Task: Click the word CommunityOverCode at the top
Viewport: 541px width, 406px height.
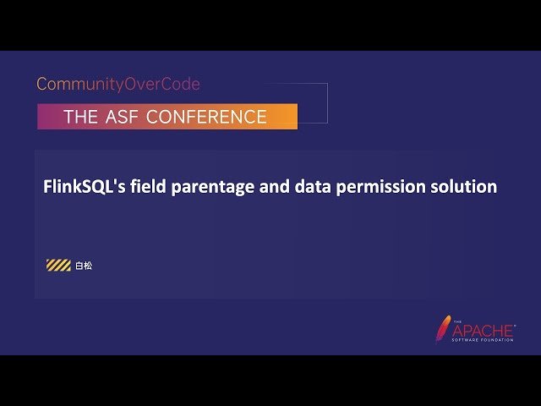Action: (x=118, y=85)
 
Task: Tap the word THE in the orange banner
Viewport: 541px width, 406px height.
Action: (x=80, y=117)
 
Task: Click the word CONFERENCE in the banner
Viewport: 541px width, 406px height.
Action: (x=206, y=117)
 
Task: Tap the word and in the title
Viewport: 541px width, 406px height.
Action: (x=276, y=187)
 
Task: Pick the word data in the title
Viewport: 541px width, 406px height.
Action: (x=314, y=187)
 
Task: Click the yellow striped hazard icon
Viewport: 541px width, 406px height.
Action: (x=58, y=266)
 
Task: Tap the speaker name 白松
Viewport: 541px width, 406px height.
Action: (x=83, y=266)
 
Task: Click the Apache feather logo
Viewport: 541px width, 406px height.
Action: (x=442, y=328)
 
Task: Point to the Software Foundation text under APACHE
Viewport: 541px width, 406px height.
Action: (x=484, y=340)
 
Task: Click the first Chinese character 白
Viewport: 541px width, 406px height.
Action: (x=79, y=266)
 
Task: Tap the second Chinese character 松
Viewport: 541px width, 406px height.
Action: (x=88, y=266)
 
